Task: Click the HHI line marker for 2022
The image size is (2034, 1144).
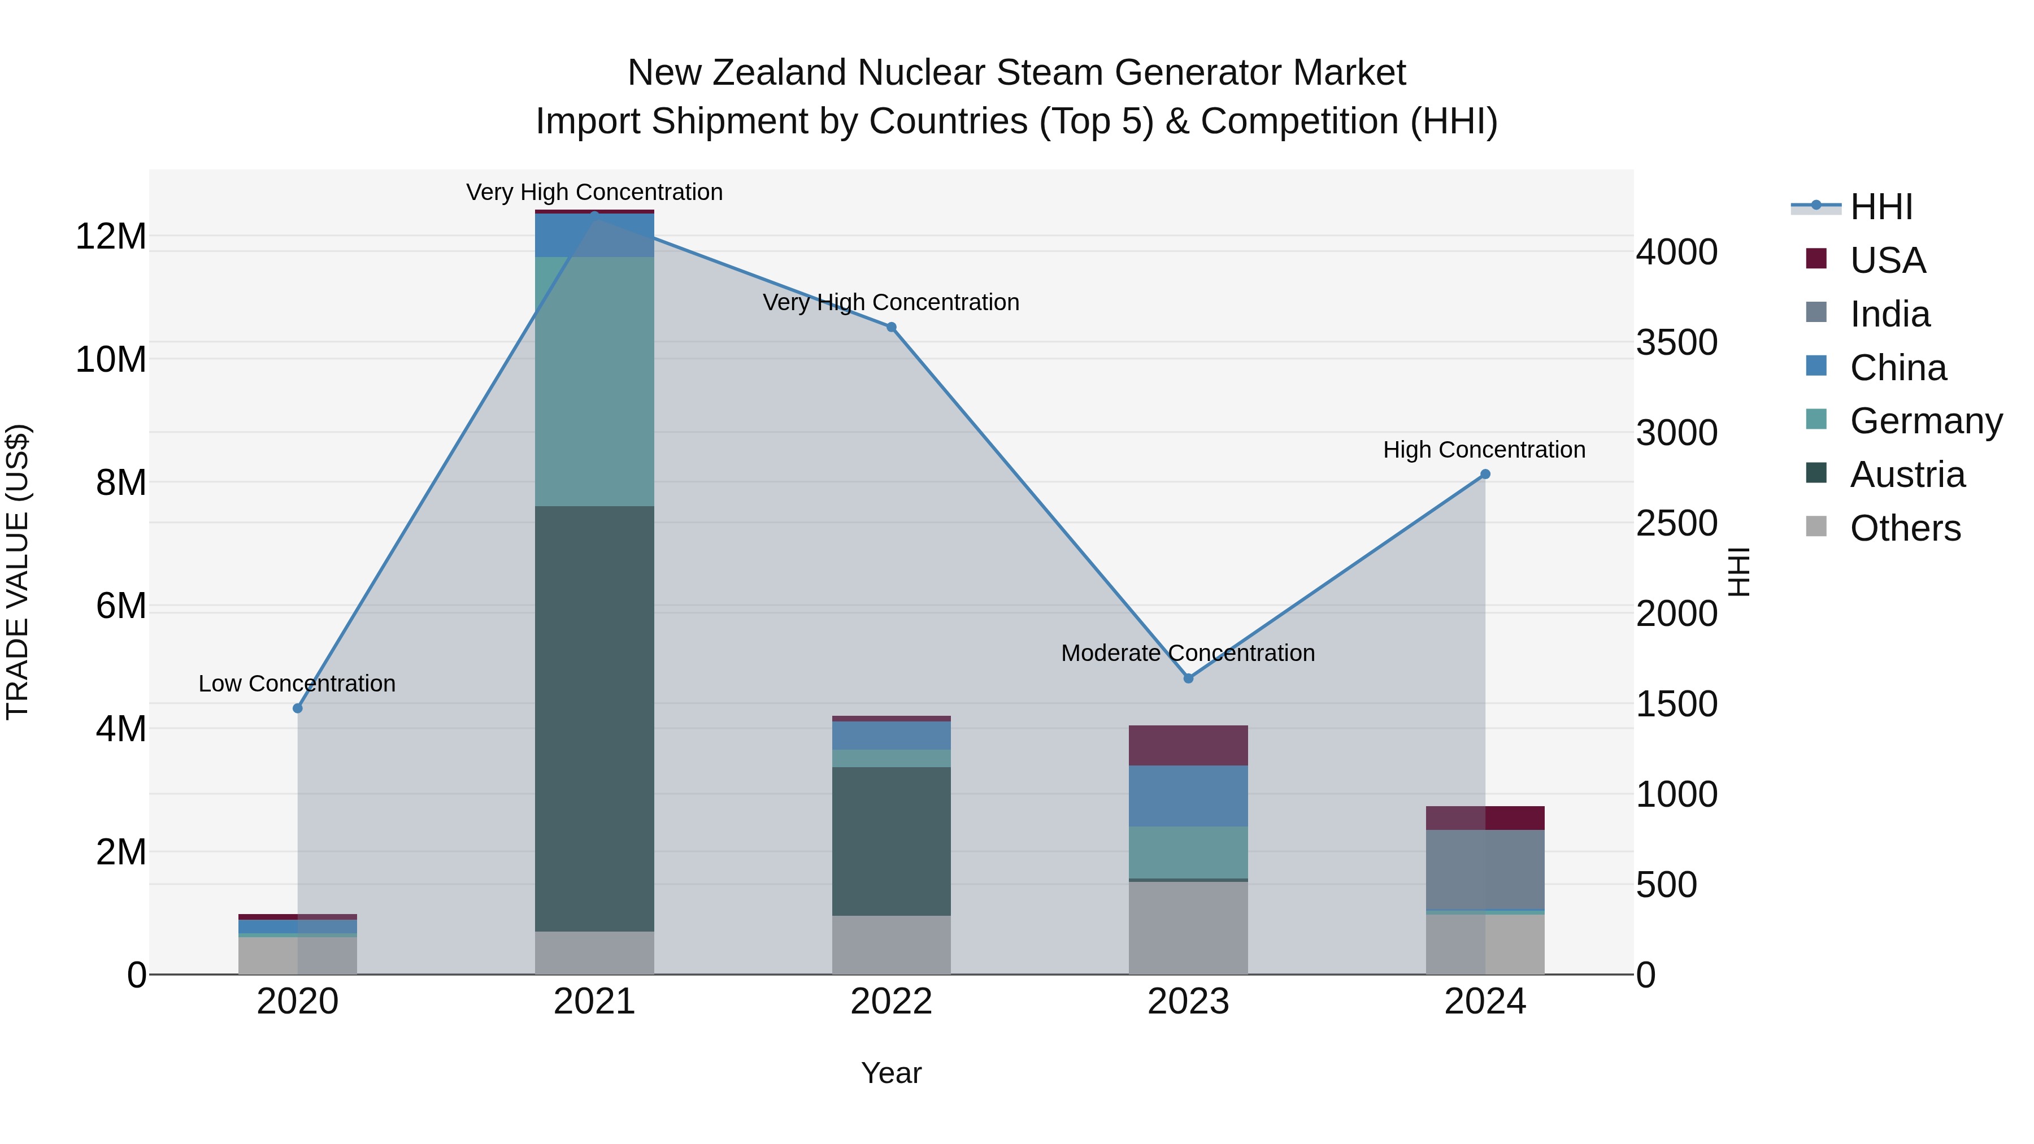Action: click(892, 327)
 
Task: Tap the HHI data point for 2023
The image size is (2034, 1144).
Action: click(1188, 678)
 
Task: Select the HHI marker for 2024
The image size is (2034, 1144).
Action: click(1485, 475)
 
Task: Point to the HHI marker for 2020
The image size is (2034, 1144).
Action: click(298, 708)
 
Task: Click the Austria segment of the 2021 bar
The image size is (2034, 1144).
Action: click(594, 719)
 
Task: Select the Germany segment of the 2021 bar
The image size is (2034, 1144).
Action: click(594, 381)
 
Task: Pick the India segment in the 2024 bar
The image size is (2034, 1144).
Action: click(1485, 869)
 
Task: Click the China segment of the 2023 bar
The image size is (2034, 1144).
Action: click(1188, 796)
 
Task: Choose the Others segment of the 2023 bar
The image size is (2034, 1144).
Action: click(1188, 928)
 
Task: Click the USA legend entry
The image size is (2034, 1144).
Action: click(1887, 260)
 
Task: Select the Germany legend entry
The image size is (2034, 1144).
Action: click(1925, 421)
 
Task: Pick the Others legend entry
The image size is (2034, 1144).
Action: click(1905, 528)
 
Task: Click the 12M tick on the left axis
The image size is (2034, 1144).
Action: click(111, 236)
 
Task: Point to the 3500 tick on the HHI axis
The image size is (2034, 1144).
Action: click(1676, 343)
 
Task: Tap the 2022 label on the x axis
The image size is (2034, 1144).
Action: click(892, 1002)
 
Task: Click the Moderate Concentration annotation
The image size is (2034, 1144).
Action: click(1188, 653)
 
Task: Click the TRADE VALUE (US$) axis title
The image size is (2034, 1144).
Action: click(18, 572)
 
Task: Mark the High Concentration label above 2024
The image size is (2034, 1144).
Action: click(1484, 450)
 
